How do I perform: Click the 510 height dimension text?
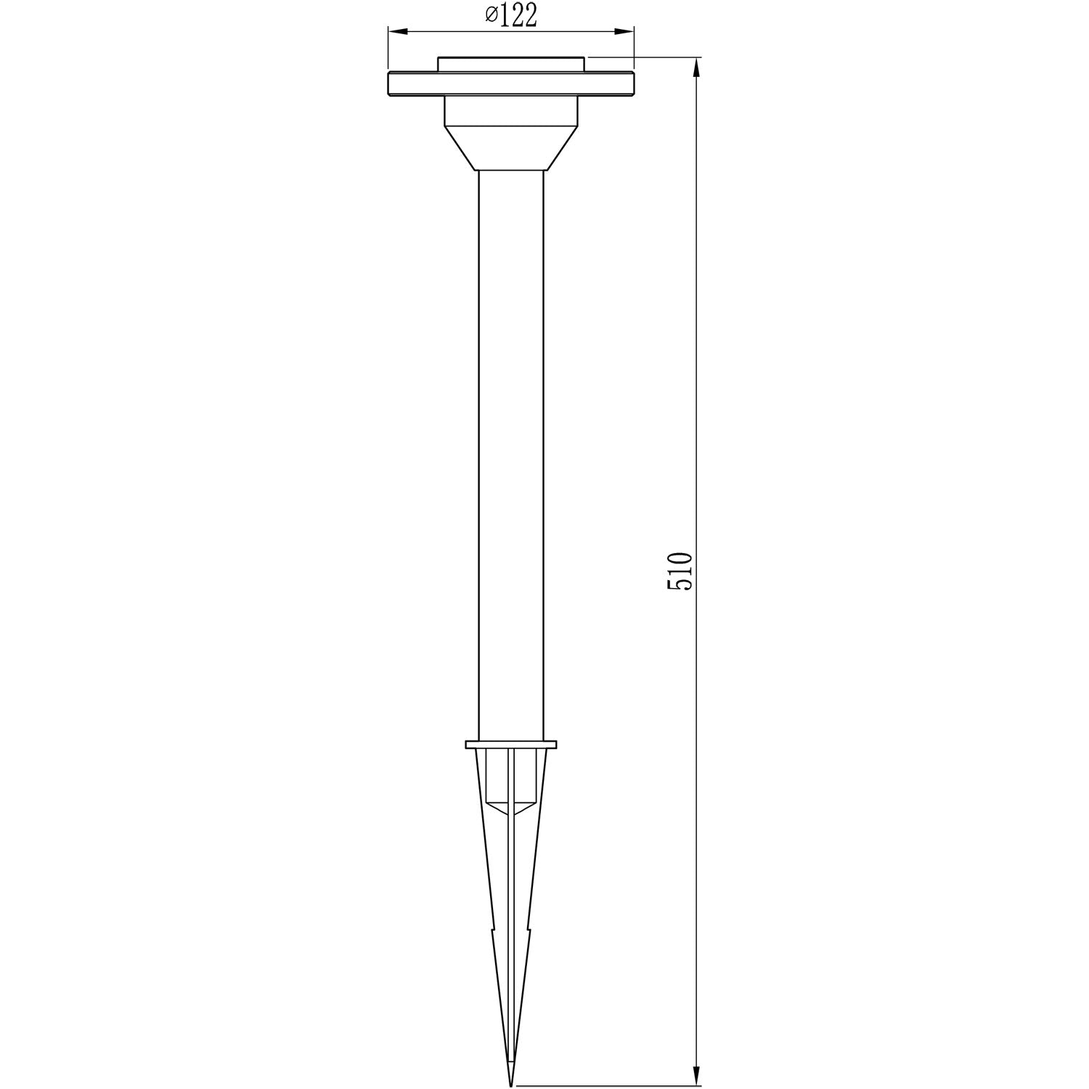coord(680,571)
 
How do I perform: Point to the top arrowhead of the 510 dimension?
coord(697,67)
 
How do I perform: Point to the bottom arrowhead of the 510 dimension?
coord(697,1076)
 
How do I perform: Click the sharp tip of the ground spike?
coord(511,1084)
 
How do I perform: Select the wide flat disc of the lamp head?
coord(511,83)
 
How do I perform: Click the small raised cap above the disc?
coord(511,64)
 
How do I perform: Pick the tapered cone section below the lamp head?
coord(511,149)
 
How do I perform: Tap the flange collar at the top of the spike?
coord(511,744)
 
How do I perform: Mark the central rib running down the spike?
coord(511,907)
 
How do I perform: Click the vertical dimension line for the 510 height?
coord(697,363)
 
